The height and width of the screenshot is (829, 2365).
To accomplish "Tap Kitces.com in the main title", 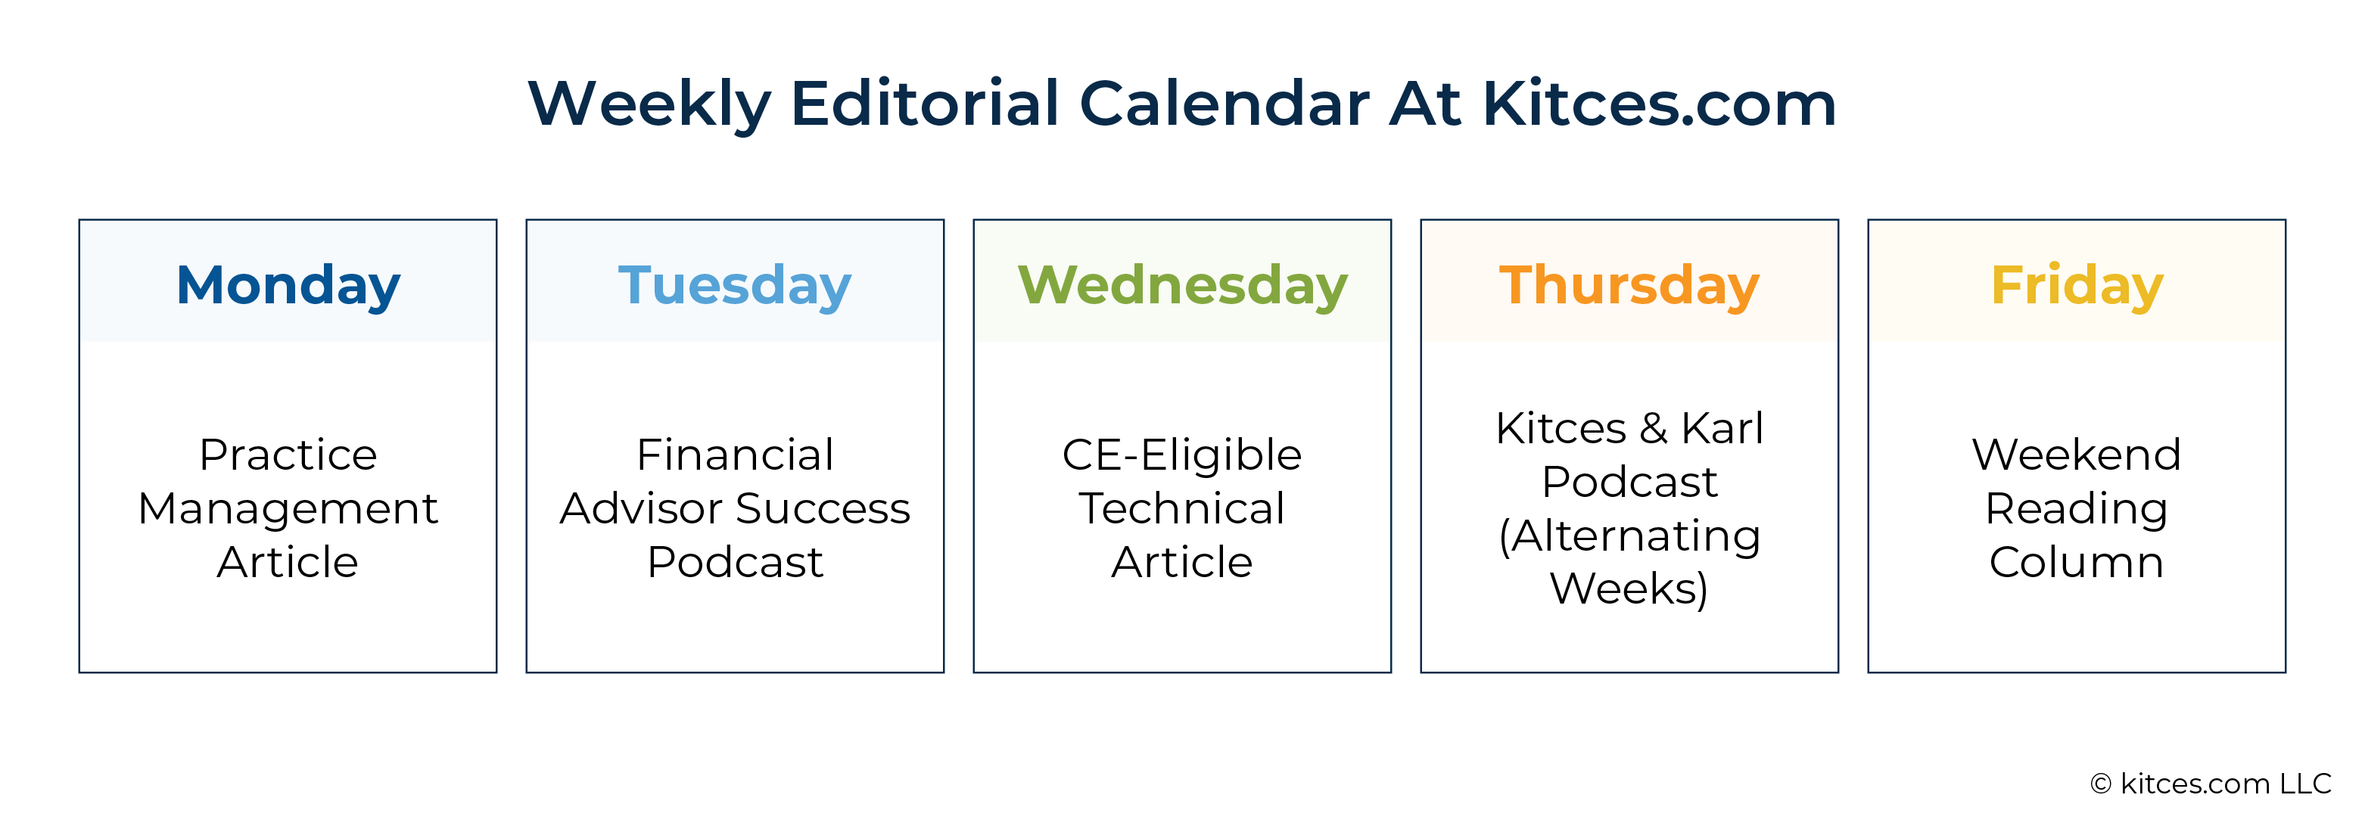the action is (1659, 103).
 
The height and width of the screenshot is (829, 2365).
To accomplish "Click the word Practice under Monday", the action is (288, 455).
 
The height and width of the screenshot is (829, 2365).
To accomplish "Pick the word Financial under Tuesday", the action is (736, 455).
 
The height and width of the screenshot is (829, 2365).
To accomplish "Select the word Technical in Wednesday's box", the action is (1181, 508).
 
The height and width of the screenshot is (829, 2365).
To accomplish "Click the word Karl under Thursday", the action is (1722, 428).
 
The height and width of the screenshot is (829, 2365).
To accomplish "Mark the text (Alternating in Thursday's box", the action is (1629, 537).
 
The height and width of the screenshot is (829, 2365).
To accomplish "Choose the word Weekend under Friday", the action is (2077, 455).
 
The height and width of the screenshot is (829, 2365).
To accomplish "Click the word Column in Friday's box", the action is (2077, 562).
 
